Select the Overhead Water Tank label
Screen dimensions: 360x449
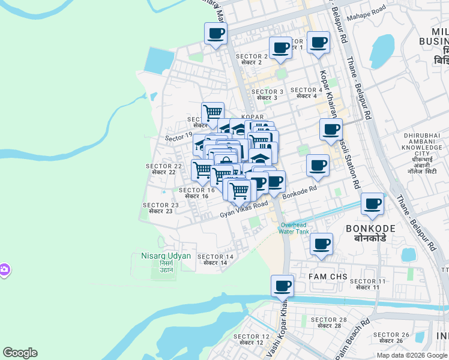pos(294,228)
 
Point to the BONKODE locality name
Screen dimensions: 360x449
pos(370,233)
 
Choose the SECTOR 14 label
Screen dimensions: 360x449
pos(215,259)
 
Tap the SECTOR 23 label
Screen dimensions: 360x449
pos(160,208)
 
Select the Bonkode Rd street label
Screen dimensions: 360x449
pos(298,193)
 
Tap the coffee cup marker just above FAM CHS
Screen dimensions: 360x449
pos(322,244)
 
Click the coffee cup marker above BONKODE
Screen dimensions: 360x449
pos(373,204)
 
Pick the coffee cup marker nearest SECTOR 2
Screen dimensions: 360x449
pos(280,48)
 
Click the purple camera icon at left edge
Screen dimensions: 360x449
pos(4,271)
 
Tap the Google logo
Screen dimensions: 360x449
pos(20,353)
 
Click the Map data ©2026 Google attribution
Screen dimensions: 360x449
pos(412,355)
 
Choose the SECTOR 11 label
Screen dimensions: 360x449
pos(367,284)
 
